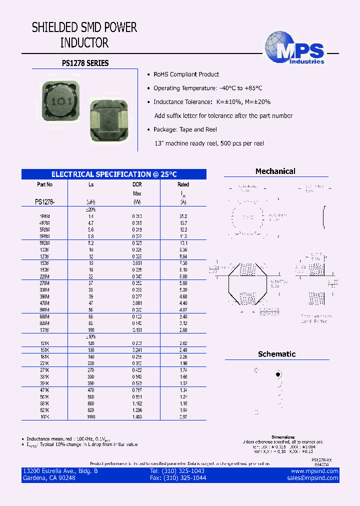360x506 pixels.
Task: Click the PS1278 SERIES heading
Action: pyautogui.click(x=85, y=63)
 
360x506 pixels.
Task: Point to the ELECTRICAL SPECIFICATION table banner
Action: pyautogui.click(x=114, y=174)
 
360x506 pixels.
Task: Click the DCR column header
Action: pyautogui.click(x=137, y=184)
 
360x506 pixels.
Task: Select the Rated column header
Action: pyautogui.click(x=183, y=184)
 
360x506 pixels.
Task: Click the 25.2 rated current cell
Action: pyautogui.click(x=183, y=216)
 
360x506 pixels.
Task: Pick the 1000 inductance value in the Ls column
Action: pyautogui.click(x=91, y=417)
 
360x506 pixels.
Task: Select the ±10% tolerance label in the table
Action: pyautogui.click(x=91, y=337)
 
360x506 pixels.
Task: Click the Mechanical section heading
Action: pyautogui.click(x=275, y=171)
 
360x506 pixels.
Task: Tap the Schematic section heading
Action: pyautogui.click(x=276, y=354)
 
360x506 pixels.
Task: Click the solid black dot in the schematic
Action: pyautogui.click(x=278, y=374)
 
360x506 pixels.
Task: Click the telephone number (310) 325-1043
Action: pyautogui.click(x=177, y=471)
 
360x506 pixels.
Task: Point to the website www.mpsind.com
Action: pyautogui.click(x=314, y=471)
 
